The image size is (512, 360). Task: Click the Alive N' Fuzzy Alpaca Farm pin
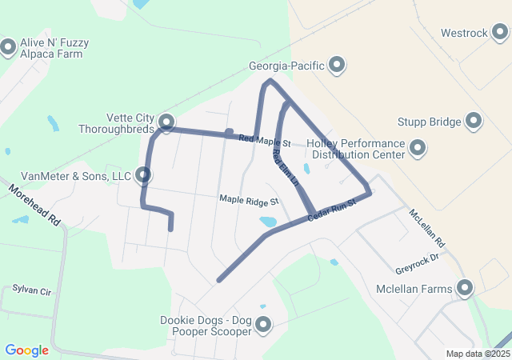tap(9, 47)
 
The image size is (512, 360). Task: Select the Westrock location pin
tap(500, 33)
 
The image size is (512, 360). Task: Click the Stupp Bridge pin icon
tap(474, 122)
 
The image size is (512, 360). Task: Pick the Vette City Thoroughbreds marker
tap(166, 122)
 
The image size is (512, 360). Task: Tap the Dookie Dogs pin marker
tap(261, 325)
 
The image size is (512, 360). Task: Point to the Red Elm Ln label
tap(285, 169)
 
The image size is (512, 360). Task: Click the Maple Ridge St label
tap(249, 200)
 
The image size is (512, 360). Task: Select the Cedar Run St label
tap(331, 210)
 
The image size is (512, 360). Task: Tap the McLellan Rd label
tap(426, 227)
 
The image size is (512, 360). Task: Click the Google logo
tap(26, 350)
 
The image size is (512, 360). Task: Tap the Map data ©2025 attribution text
tap(478, 354)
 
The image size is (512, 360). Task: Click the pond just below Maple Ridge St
tap(268, 222)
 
